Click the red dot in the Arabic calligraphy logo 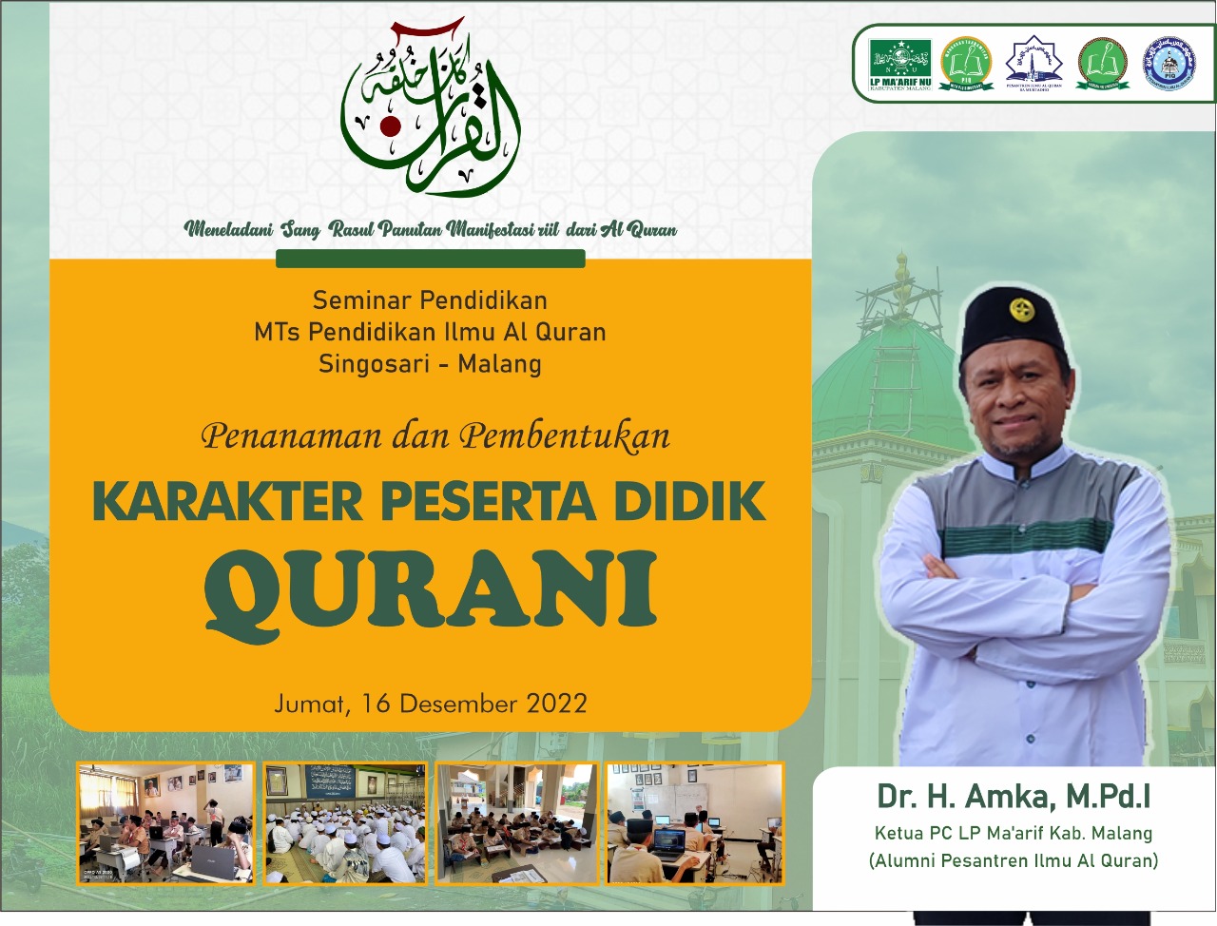[x=389, y=125]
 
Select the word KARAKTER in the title [x=227, y=501]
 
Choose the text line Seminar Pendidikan [x=430, y=300]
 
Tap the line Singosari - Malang [x=430, y=363]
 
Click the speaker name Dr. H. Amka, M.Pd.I [x=1014, y=796]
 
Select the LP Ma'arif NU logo [x=899, y=64]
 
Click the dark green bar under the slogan [x=430, y=259]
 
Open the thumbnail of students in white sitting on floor [x=345, y=822]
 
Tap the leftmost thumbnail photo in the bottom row [x=166, y=822]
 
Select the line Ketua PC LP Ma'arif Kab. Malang [x=1014, y=833]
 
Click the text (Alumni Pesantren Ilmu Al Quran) [x=1014, y=861]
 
